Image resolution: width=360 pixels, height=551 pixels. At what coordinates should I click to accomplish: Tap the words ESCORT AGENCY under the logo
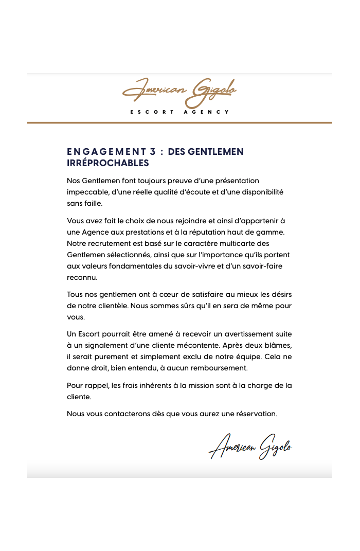pos(179,112)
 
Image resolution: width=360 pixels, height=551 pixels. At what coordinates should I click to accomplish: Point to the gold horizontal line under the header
pos(179,123)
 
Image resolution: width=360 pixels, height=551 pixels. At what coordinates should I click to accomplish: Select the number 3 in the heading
pos(152,152)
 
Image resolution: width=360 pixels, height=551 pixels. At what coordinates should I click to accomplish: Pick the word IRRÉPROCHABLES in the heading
pos(108,163)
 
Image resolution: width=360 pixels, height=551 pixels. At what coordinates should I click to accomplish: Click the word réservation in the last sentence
pos(256,414)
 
